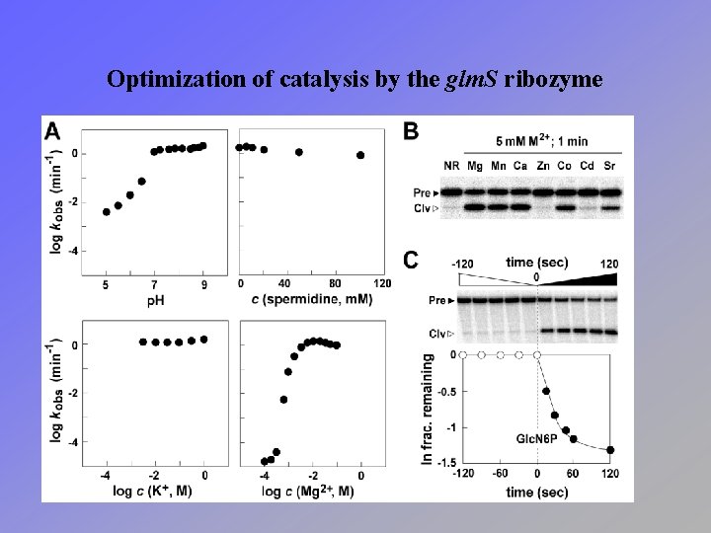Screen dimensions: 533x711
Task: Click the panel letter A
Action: (x=52, y=131)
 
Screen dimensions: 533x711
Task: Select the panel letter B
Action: (x=411, y=130)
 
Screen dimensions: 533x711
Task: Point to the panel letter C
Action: (x=411, y=260)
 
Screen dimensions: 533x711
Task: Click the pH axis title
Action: (x=154, y=300)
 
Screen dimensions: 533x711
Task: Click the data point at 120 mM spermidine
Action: (x=360, y=155)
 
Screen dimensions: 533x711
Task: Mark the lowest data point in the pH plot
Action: (x=107, y=212)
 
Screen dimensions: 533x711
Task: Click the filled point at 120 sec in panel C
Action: (x=610, y=450)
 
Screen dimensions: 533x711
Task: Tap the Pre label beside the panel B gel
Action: (x=427, y=191)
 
